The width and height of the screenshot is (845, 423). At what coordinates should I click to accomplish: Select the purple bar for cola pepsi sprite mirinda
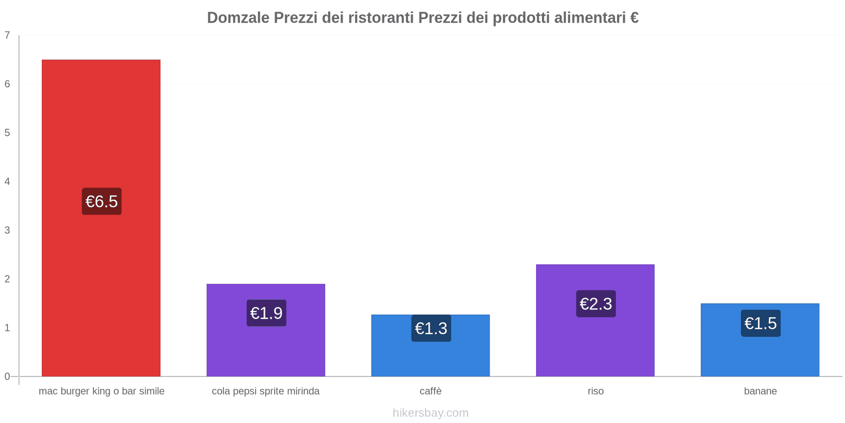pyautogui.click(x=266, y=349)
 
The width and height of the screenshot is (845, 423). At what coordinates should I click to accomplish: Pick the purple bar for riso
pyautogui.click(x=595, y=344)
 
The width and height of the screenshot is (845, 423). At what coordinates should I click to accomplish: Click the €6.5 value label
pyautogui.click(x=101, y=201)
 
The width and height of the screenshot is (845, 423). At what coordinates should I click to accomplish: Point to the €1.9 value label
pyautogui.click(x=266, y=313)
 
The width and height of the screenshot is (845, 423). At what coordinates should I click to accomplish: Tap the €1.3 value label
pyautogui.click(x=431, y=328)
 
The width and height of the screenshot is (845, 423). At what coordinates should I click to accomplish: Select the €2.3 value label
pyautogui.click(x=596, y=304)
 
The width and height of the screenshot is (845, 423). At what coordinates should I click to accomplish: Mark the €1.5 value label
pyautogui.click(x=760, y=323)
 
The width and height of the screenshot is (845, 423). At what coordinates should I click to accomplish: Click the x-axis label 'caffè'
pyautogui.click(x=430, y=391)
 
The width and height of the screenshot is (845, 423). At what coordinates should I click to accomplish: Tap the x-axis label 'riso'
pyautogui.click(x=595, y=391)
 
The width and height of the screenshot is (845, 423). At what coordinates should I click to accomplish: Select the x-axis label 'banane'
pyautogui.click(x=760, y=391)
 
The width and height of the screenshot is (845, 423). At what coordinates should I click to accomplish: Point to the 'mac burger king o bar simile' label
pyautogui.click(x=101, y=391)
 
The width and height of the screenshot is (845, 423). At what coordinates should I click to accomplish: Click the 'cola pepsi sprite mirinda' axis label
pyautogui.click(x=266, y=391)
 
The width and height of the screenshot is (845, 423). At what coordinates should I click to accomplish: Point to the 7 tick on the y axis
pyautogui.click(x=7, y=35)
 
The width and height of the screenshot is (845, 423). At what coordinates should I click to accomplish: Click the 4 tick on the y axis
pyautogui.click(x=7, y=181)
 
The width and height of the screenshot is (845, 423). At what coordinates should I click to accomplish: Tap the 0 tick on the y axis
pyautogui.click(x=7, y=376)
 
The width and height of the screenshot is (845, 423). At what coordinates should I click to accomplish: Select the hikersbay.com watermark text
pyautogui.click(x=430, y=413)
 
